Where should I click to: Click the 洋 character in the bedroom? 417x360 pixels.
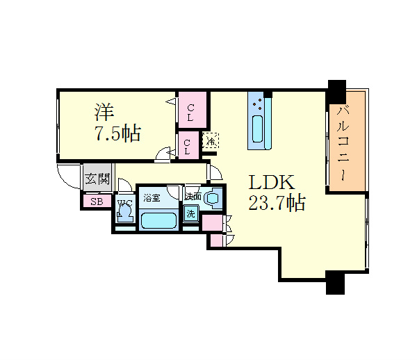click(105, 111)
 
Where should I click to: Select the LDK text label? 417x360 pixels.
click(273, 183)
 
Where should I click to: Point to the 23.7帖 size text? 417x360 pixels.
click(276, 204)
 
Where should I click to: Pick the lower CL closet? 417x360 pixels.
click(188, 146)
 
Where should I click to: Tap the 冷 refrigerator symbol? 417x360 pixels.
click(210, 141)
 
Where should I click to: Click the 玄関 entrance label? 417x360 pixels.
click(97, 179)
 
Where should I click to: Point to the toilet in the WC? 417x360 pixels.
click(124, 210)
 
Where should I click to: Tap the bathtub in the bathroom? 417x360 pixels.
click(158, 221)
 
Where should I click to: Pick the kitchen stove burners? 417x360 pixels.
click(259, 105)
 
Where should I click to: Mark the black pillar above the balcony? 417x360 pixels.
click(336, 90)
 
